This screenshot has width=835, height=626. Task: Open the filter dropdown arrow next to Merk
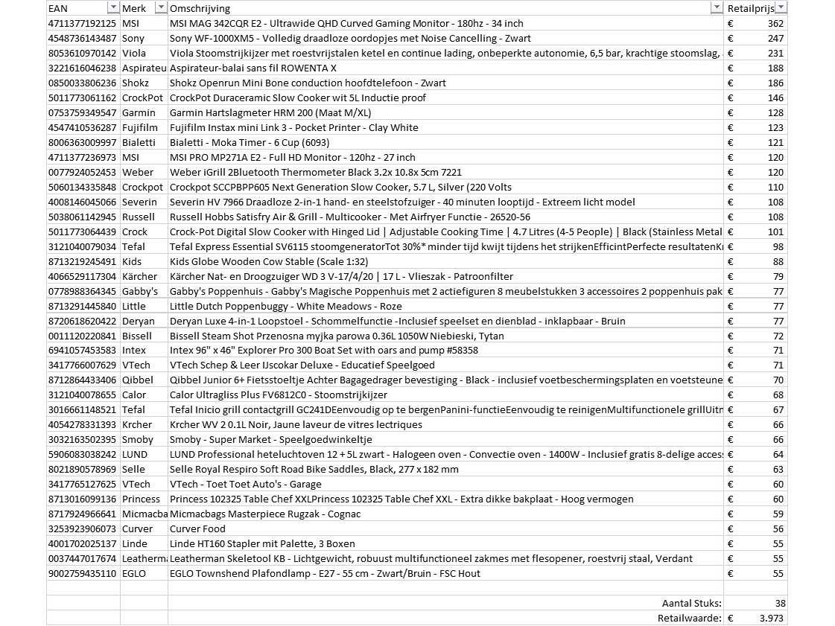160,8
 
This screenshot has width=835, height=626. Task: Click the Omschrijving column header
200,8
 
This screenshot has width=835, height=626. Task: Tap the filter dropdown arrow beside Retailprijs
781,8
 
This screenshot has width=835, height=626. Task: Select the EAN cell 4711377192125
82,23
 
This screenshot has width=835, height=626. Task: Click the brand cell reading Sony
133,38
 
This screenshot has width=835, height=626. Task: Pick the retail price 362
775,23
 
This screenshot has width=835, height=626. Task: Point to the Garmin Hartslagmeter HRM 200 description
270,112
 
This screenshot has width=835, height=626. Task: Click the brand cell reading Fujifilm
139,127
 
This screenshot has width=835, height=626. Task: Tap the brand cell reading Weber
137,172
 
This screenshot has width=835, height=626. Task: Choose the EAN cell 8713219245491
82,261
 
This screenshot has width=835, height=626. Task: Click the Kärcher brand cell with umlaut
139,276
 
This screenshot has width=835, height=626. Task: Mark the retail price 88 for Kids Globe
778,261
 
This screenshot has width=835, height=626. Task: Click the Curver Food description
197,528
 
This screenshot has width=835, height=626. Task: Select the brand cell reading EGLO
134,573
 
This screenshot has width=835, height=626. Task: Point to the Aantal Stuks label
691,603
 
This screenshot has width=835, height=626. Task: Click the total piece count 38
779,603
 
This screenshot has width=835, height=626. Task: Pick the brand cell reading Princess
141,499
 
